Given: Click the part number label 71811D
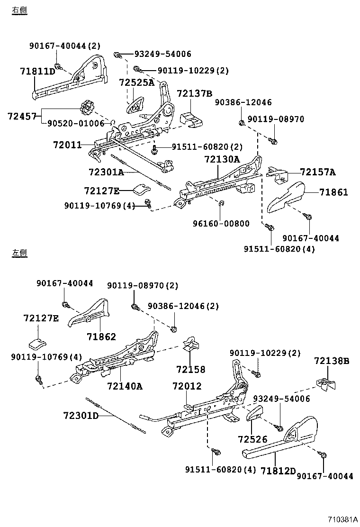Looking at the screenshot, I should click(37, 72).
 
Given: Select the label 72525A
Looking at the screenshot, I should click(136, 82).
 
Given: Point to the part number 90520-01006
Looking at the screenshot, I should click(76, 124).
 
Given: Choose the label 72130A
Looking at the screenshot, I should click(222, 160).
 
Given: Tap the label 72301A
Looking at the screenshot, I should click(106, 172).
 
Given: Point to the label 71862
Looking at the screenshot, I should click(101, 336).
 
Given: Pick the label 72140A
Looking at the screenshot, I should click(125, 386).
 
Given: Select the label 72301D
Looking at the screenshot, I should click(81, 416).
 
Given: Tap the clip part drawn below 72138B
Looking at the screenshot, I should click(325, 383).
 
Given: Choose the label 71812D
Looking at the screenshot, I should click(278, 471).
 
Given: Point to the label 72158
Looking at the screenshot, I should click(191, 369).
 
